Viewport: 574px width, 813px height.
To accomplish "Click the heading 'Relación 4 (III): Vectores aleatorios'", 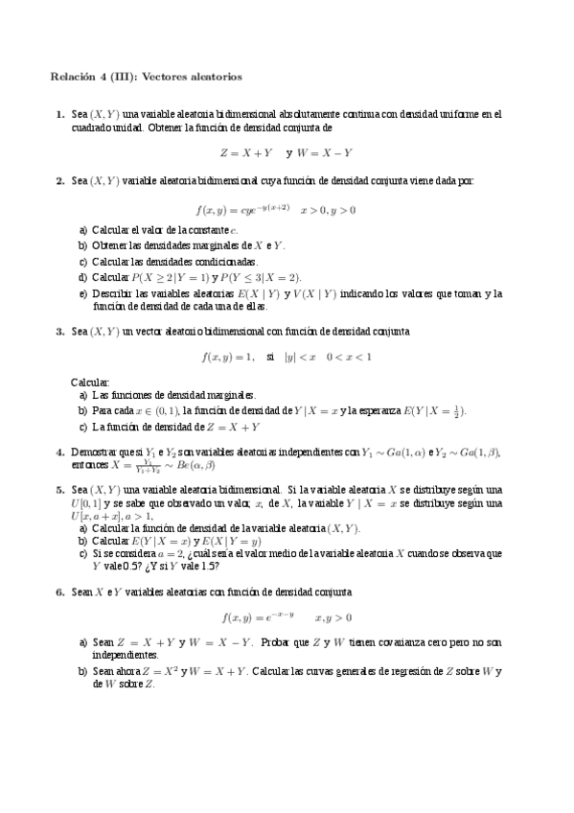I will click(147, 76).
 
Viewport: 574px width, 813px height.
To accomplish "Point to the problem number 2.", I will click(59, 180).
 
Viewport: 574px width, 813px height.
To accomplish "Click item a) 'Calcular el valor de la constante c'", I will click(159, 230).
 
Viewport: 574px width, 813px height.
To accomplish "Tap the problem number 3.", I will click(59, 332).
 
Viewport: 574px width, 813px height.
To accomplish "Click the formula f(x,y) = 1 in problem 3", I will click(228, 358).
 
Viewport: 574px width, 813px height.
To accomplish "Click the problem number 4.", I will click(59, 453).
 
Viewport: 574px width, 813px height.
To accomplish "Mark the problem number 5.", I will click(59, 489).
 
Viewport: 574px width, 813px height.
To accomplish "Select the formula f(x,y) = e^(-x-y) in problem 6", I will click(258, 617).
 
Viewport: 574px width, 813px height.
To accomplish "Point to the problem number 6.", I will click(59, 592).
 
